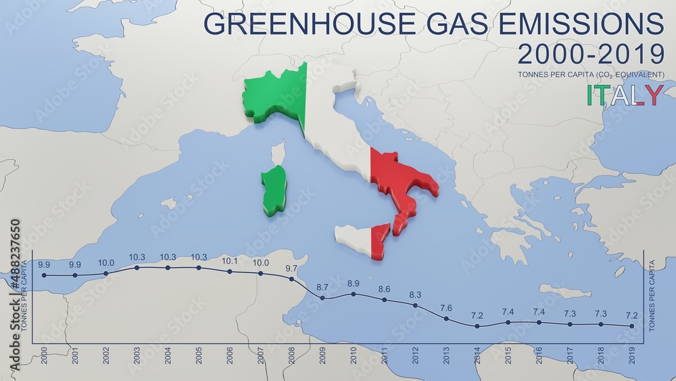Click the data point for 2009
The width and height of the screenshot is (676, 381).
coord(322,298)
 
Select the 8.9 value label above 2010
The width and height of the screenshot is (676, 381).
coord(354,284)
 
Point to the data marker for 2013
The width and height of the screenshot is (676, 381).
coord(446,318)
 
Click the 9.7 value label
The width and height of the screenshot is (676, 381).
coord(291,268)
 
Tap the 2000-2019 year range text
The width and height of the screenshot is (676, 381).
coord(590,53)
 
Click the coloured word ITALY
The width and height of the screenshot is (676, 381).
coord(625,95)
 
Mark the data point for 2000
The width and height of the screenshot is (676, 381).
coord(45,275)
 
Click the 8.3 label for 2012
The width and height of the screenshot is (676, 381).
coord(415,295)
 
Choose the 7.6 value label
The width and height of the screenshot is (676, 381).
coord(446,308)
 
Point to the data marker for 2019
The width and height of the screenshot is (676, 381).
coord(632,326)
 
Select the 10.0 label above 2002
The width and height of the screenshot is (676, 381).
coord(106,263)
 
